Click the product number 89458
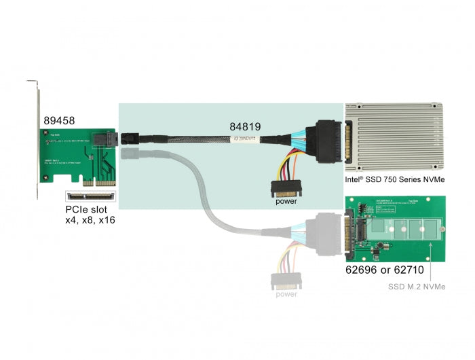tap(59, 120)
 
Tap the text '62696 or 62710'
tap(385, 269)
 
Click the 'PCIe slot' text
tap(87, 211)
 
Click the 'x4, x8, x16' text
tap(92, 223)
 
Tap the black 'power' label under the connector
tap(286, 201)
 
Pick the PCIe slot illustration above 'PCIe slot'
tap(91, 197)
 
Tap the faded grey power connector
tap(285, 280)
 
